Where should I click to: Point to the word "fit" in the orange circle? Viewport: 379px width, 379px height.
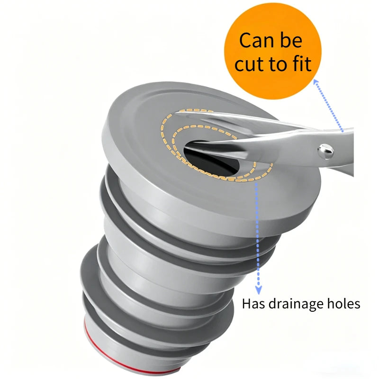click(301, 63)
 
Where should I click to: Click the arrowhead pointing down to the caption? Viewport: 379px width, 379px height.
click(259, 290)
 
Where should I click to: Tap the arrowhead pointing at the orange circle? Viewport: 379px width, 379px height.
click(316, 82)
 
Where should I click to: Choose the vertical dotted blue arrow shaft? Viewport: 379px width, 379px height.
click(258, 235)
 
